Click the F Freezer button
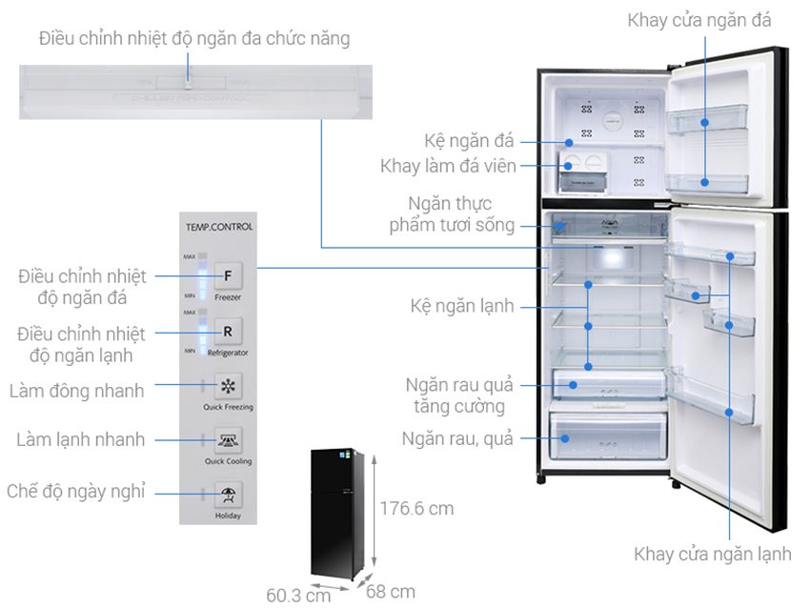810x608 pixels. coord(228,276)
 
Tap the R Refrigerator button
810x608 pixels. coord(228,332)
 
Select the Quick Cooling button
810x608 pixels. coord(228,440)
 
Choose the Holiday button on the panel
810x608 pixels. coord(228,495)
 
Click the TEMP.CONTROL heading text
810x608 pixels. coord(220,227)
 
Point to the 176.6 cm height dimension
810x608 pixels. coord(416,509)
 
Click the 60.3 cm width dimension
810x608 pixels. coord(298,596)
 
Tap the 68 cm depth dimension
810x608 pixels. coord(392,592)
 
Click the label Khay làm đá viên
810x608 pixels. coord(448,166)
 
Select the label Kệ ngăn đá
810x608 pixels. coord(470,141)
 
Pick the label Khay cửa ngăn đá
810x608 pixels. coord(699,20)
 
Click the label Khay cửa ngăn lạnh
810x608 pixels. coord(711,554)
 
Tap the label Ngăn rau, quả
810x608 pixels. coord(457,439)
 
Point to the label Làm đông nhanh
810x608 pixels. coord(76,391)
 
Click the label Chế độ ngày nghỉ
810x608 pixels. coord(75,492)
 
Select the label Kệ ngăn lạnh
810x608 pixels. coord(462,306)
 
